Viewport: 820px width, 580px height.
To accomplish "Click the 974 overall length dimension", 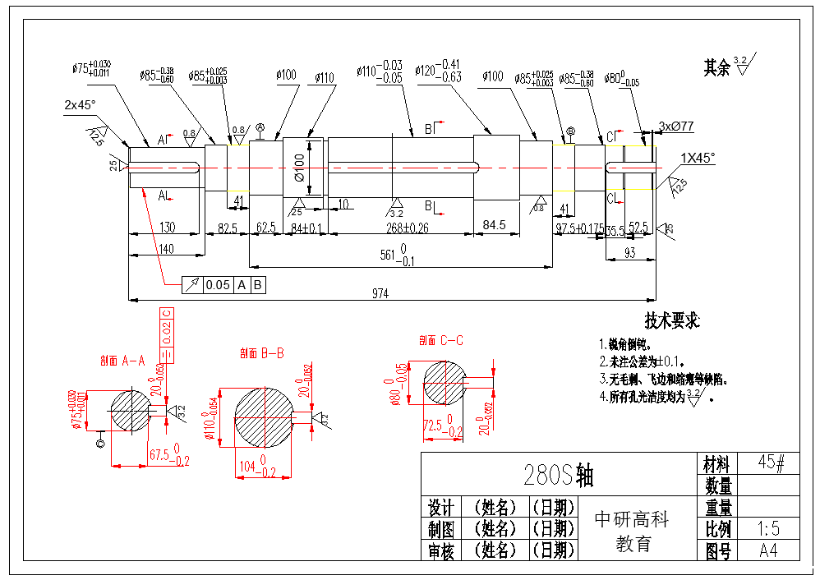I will [x=379, y=293].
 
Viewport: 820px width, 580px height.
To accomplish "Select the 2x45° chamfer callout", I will [x=80, y=105].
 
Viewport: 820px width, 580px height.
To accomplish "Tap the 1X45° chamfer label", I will [x=697, y=157].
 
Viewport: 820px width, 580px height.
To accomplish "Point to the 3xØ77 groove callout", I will [x=676, y=127].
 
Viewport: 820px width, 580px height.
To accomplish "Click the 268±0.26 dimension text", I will [x=407, y=227].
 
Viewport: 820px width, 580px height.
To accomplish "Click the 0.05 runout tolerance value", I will [x=218, y=285].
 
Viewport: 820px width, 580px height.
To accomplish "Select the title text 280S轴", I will [x=558, y=475].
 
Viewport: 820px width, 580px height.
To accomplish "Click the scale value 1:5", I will [x=768, y=528].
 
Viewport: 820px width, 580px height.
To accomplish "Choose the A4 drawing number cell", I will [x=768, y=550].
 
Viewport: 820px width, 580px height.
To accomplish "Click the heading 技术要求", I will [x=672, y=321].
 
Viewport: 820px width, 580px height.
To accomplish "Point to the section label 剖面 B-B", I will [x=262, y=353].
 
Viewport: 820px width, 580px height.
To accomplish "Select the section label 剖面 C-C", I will [x=441, y=340].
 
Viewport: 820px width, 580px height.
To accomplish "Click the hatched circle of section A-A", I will [x=130, y=407].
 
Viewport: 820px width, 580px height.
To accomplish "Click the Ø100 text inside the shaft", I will [x=298, y=168].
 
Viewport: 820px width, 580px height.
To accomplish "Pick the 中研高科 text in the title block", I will [x=632, y=519].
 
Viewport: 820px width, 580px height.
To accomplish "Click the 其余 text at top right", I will [x=716, y=68].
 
